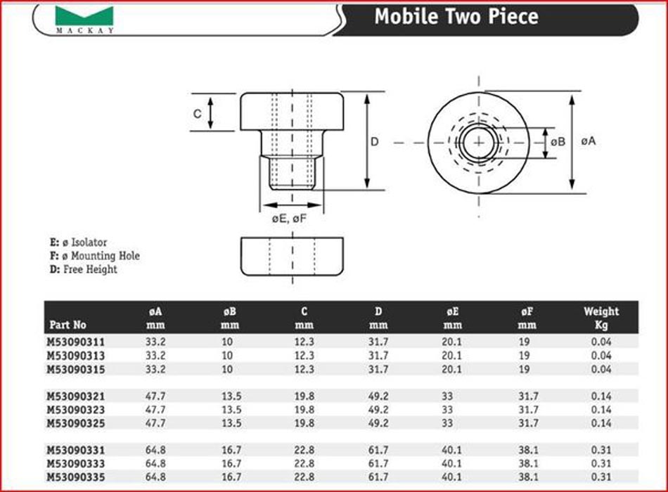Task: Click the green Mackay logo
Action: (84, 16)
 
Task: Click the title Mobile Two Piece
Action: (456, 16)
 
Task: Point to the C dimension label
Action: (198, 114)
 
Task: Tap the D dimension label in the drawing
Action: (375, 141)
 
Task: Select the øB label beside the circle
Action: (558, 142)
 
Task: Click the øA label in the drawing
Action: (589, 141)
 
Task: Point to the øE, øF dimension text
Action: (289, 219)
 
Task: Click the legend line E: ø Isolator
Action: (78, 242)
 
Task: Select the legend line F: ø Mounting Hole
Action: (95, 256)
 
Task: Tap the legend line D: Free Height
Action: (84, 269)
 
